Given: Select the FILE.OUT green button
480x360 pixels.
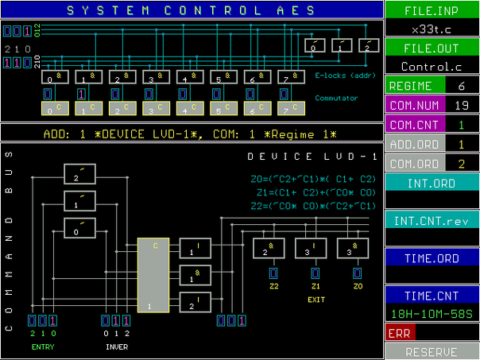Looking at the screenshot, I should click(432, 48).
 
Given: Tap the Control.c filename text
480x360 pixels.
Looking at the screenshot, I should click(432, 67).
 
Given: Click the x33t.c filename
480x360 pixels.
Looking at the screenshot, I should click(432, 29).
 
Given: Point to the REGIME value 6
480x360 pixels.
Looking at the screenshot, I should click(462, 86).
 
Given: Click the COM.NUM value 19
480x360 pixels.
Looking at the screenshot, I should click(462, 105).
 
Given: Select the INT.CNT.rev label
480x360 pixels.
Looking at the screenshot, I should click(432, 220).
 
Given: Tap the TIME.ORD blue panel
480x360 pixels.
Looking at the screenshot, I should click(432, 257).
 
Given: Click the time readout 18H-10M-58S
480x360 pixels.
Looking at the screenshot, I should click(432, 315).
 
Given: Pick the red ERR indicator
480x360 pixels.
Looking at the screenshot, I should click(400, 333).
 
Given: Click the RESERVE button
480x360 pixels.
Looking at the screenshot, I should click(432, 351).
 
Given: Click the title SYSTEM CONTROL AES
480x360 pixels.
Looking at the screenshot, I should click(191, 10).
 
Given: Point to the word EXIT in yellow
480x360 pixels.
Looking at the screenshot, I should click(316, 300).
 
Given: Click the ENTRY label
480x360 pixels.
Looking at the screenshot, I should click(43, 347).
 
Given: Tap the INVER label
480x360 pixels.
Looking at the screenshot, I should click(117, 347).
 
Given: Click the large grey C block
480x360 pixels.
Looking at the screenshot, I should click(153, 274).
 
